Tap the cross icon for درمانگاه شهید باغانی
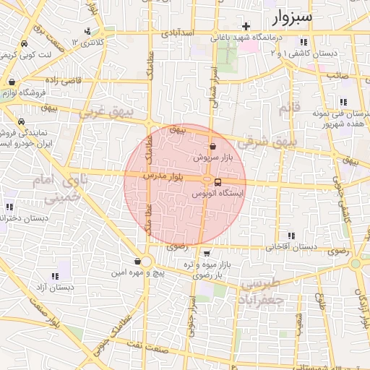pos(246,26)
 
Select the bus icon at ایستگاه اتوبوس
pos(219,182)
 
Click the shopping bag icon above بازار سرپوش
pos(212,146)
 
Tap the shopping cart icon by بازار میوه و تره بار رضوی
pos(207,254)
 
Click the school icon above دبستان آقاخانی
pos(291,236)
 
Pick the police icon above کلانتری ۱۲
pos(87,31)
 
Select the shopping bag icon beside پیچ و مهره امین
pos(137,262)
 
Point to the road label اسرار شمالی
pos(215,87)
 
